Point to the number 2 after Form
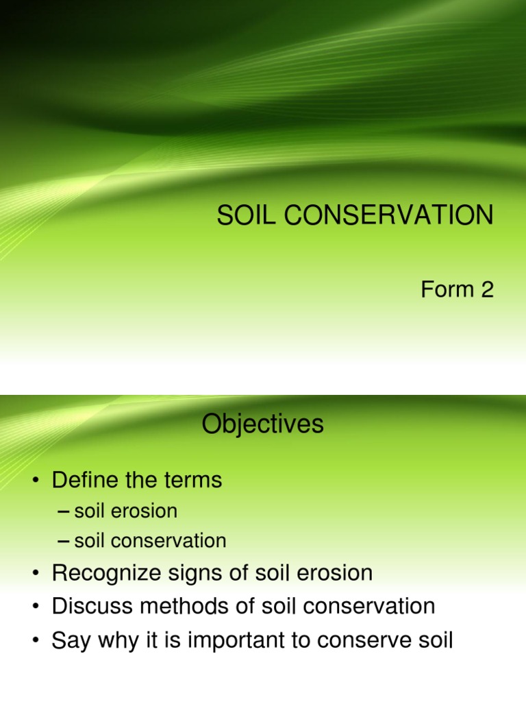[x=487, y=290]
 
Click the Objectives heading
[x=262, y=425]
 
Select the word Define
[x=87, y=480]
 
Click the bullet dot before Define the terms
[x=35, y=481]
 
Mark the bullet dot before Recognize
[x=35, y=574]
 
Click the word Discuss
[x=92, y=606]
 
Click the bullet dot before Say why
[x=35, y=641]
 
